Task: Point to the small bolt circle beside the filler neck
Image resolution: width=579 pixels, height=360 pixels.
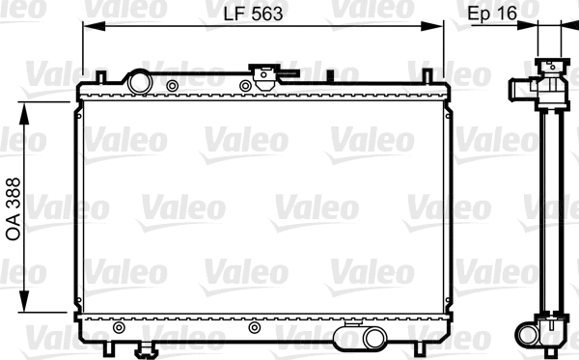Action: [x=172, y=87]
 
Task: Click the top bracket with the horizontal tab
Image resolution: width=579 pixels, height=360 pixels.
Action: [x=262, y=71]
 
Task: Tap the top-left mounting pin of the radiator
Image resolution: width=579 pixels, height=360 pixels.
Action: [x=99, y=75]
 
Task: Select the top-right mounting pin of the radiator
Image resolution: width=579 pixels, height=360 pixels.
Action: [x=423, y=75]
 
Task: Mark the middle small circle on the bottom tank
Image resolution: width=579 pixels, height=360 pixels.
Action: [x=254, y=328]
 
